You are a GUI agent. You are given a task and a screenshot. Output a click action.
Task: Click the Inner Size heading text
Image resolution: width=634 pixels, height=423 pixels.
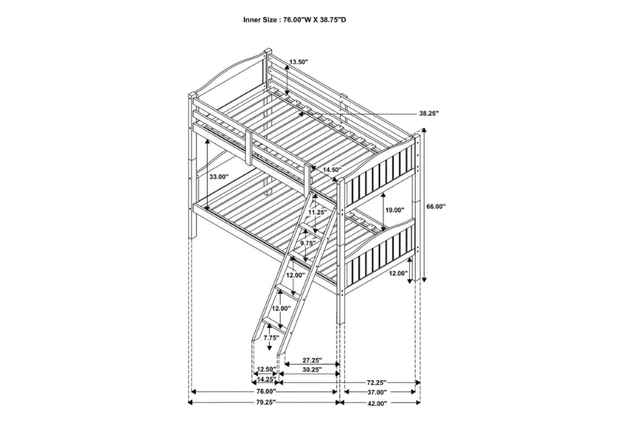(294, 20)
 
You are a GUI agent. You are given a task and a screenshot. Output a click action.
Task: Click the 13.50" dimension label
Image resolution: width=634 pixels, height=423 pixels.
(298, 62)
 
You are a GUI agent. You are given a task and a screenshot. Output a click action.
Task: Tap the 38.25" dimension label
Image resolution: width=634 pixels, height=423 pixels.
(429, 113)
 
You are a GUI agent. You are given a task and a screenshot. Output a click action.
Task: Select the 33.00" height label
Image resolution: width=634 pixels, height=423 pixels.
(219, 177)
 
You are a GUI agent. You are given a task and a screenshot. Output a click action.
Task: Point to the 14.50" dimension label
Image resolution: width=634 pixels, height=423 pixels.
(332, 170)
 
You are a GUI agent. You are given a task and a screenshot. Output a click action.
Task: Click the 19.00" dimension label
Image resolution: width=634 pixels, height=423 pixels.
(394, 210)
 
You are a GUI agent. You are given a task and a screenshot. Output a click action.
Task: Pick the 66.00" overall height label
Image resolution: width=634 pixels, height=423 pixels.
(436, 206)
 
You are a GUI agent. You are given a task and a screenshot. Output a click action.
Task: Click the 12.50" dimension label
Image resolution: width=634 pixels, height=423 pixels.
(266, 369)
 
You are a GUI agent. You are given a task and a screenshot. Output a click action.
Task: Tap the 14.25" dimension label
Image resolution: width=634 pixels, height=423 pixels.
(266, 379)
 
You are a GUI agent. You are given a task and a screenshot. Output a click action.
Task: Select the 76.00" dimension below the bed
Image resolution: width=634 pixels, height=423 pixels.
(265, 391)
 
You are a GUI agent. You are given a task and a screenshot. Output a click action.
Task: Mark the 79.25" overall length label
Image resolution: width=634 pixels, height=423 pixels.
(265, 403)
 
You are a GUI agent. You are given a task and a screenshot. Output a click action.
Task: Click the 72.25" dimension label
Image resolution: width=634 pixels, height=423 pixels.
(380, 381)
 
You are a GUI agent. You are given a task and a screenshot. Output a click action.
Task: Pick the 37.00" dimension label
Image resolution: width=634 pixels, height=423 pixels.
(377, 392)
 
